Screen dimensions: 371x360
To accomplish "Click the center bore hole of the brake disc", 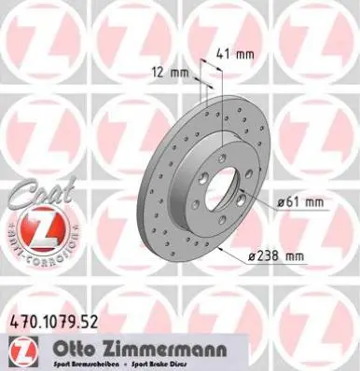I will click(223, 192).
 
